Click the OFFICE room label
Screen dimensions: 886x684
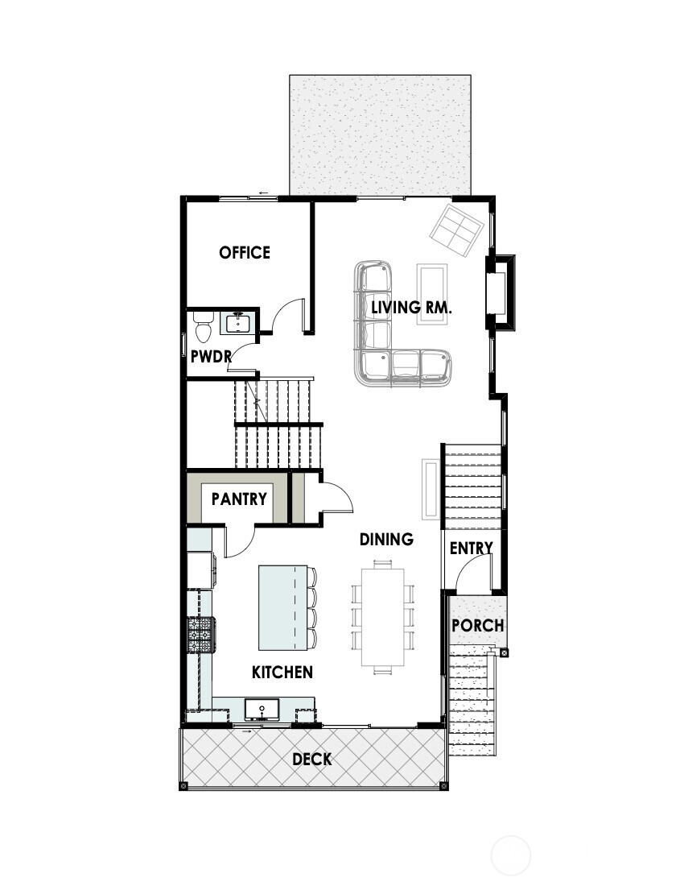[245, 253]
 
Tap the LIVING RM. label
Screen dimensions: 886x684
[411, 307]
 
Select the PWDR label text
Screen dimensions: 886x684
[211, 355]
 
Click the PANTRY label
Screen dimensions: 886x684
[239, 499]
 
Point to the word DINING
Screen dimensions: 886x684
[386, 540]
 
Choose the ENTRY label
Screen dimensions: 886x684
[471, 549]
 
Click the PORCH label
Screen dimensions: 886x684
[477, 625]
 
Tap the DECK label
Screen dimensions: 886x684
[311, 759]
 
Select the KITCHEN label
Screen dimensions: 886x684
[282, 673]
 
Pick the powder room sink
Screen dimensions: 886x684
[237, 324]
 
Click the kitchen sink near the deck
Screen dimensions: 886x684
[262, 710]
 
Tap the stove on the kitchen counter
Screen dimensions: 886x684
[201, 634]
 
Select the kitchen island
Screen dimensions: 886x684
[283, 607]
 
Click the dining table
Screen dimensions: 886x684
[382, 616]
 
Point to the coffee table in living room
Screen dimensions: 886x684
[431, 294]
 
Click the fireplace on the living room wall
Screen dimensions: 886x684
[497, 293]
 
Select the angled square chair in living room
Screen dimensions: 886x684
[457, 230]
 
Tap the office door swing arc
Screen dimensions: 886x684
[286, 316]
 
